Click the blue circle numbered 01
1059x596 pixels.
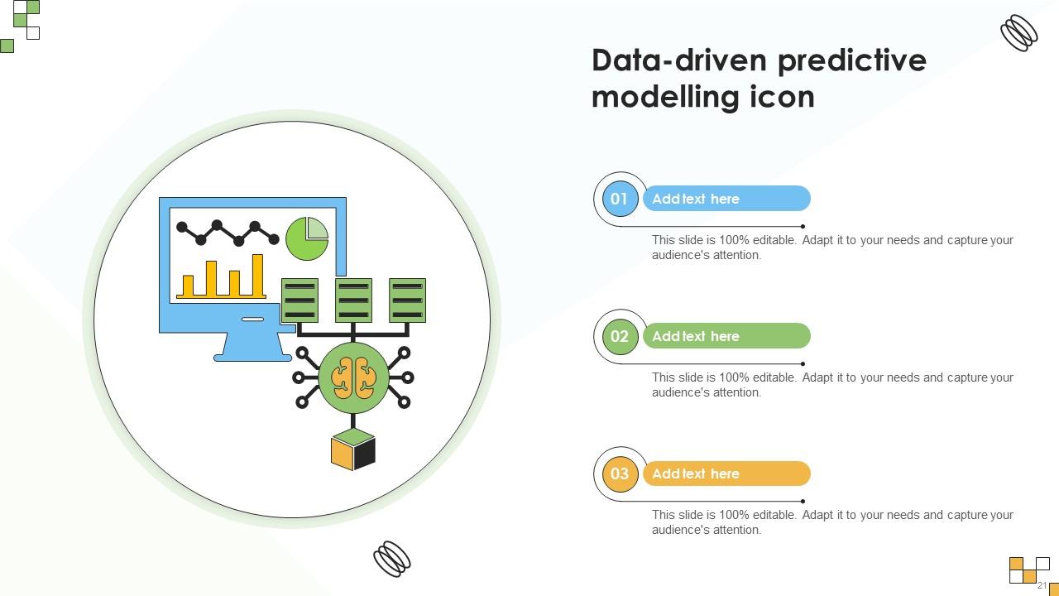[620, 199]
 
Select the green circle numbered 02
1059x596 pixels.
[620, 336]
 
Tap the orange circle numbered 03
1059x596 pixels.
[620, 473]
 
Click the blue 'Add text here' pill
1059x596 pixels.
[726, 199]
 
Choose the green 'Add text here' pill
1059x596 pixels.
[726, 336]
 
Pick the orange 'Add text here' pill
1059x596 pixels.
[726, 473]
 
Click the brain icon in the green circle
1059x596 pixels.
[353, 377]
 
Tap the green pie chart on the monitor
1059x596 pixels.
[307, 238]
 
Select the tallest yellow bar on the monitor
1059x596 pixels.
[257, 275]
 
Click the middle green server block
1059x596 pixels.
[353, 300]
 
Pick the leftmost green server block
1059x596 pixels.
[299, 300]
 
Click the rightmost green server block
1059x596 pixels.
[407, 300]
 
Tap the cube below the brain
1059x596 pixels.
[353, 449]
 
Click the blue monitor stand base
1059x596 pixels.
[252, 357]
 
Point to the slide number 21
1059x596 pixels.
[1042, 585]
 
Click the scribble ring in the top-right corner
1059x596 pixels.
[1019, 33]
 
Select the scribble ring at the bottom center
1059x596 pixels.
[392, 559]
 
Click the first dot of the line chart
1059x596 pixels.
[182, 227]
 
